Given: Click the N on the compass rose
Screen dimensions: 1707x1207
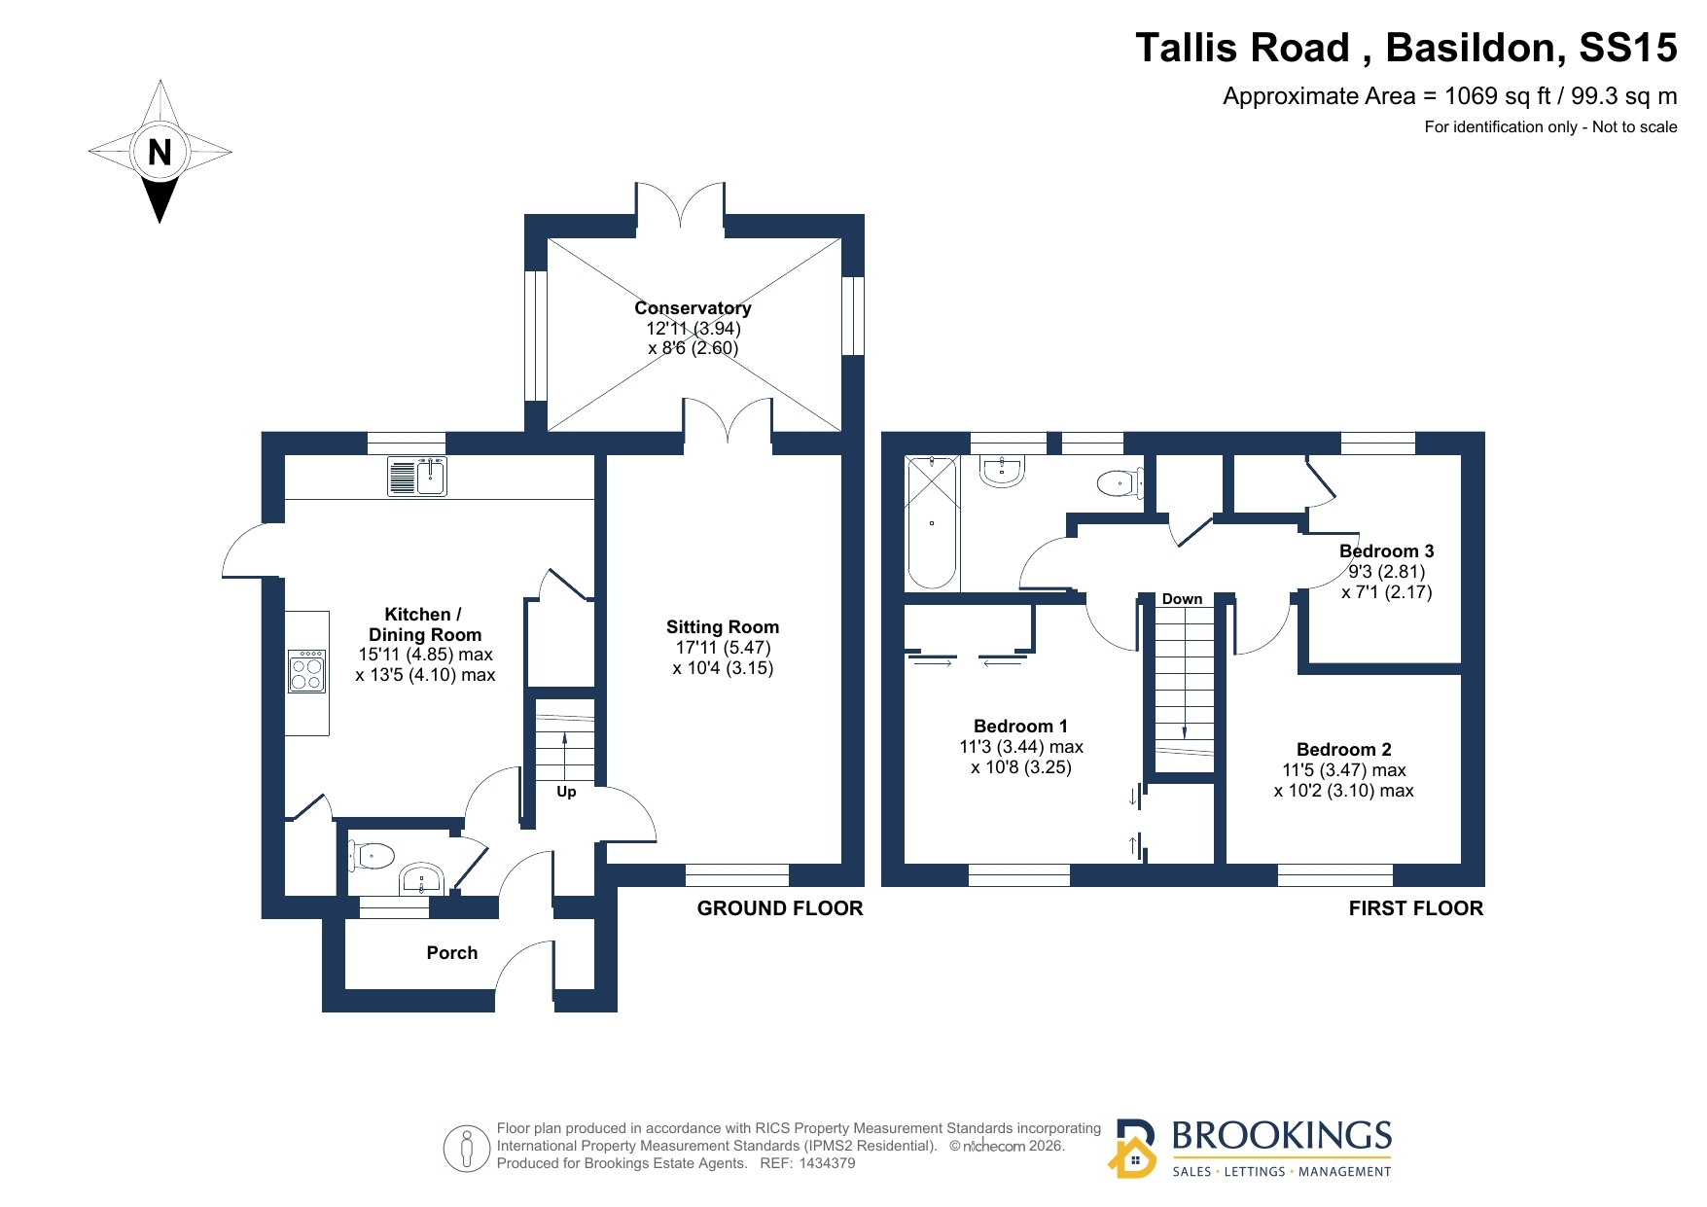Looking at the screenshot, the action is (160, 152).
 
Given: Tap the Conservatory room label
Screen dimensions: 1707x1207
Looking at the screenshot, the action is (693, 307).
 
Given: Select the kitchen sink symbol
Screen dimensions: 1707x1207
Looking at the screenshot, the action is (417, 477).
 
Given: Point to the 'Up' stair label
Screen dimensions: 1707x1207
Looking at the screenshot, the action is (566, 792).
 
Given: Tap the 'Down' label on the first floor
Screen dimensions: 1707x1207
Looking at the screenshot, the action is (1182, 599).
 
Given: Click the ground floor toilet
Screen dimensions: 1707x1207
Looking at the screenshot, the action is (372, 856).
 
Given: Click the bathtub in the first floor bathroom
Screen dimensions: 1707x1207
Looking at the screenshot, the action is (931, 523).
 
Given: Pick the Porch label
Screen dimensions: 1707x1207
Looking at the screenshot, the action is (452, 953).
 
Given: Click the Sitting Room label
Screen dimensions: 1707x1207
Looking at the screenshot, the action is (723, 627).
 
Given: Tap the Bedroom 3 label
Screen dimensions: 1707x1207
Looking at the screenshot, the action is (1386, 551).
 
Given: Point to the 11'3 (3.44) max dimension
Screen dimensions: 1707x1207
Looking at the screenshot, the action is (1021, 747).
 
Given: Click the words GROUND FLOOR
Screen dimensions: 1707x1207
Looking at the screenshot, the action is (780, 908).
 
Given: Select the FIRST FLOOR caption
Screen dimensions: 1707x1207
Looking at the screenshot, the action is (1416, 908).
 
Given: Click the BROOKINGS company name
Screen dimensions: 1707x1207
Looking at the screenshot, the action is (1282, 1135).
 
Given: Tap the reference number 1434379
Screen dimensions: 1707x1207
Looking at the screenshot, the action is (827, 1163).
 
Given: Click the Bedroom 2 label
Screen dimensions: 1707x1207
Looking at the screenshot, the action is (1344, 750).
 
